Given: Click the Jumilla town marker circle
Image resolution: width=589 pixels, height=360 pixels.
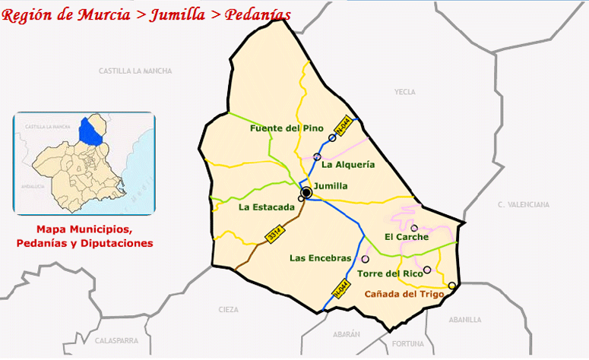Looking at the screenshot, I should tap(306, 193).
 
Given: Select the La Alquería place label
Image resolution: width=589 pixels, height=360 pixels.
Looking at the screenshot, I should tap(348, 164).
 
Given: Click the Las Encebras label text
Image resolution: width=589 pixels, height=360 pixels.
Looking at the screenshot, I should tap(320, 258).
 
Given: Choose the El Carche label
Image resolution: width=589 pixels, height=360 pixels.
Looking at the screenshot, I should tap(407, 237).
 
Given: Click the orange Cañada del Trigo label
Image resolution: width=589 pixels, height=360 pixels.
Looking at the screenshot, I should tap(404, 294).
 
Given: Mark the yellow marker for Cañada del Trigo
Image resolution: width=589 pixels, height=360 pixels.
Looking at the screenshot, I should tap(452, 286).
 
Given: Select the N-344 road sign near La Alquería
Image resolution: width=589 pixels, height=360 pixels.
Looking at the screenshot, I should tap(344, 126).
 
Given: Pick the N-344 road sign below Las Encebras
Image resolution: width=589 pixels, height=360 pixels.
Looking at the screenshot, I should tap(340, 289).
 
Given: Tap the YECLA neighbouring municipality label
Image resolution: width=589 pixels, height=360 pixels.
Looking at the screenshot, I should tap(405, 92).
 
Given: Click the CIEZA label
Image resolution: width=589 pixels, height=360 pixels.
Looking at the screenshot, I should tap(227, 310).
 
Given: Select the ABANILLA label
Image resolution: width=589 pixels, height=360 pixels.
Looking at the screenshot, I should tap(465, 320).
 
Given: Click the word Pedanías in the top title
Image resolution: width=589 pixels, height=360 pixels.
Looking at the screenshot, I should tap(257, 15).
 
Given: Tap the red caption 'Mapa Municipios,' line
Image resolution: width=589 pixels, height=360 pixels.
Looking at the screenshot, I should tap(84, 229).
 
